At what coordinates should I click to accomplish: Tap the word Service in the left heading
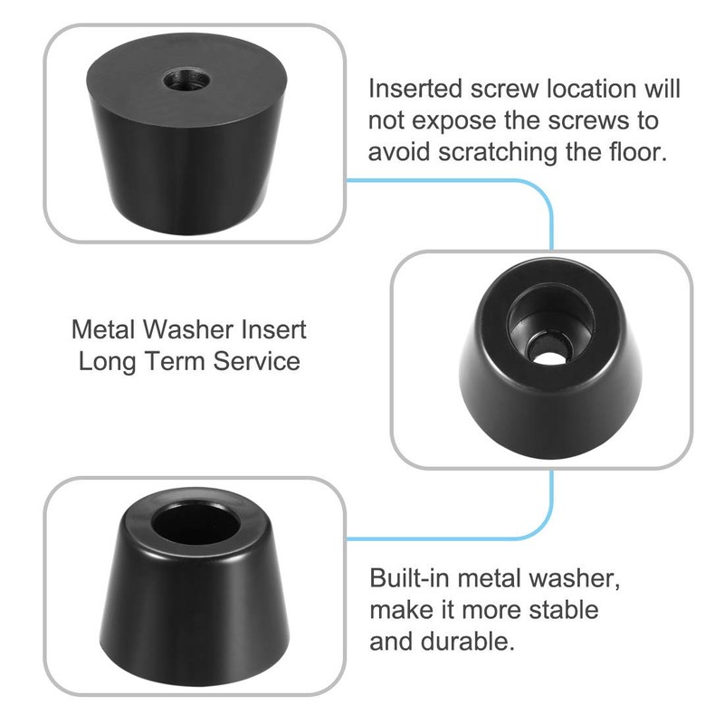257,361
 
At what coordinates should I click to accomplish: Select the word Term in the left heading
177,361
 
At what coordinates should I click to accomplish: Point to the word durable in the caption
471,642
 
